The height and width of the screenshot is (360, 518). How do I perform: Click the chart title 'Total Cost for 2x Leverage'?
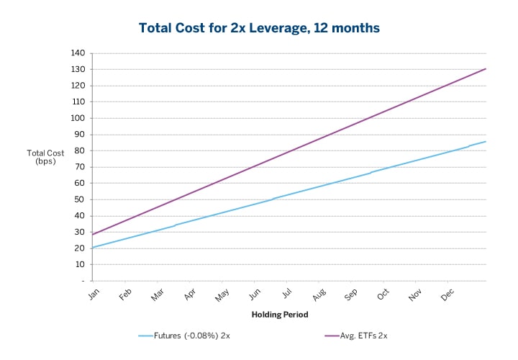[x=258, y=28]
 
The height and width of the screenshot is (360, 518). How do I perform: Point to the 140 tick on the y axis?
[x=78, y=53]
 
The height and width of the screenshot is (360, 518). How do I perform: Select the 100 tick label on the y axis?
[x=78, y=118]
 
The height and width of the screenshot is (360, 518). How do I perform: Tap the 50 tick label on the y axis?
[x=80, y=199]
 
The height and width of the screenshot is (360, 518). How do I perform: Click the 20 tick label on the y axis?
[x=80, y=248]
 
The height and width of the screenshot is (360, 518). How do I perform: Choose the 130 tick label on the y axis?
[x=78, y=70]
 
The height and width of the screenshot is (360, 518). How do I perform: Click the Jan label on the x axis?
[x=94, y=294]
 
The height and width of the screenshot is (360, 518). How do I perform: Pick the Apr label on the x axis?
[x=191, y=294]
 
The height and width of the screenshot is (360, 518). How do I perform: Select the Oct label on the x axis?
[x=384, y=294]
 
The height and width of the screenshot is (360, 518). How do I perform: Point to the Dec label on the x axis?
[x=448, y=294]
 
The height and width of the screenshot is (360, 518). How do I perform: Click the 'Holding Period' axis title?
[x=280, y=315]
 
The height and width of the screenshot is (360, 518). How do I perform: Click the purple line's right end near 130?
[x=486, y=69]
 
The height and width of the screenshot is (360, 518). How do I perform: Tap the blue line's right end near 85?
[x=486, y=142]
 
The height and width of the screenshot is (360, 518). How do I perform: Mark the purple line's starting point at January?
[x=92, y=235]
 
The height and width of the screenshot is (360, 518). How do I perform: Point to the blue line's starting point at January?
[x=92, y=248]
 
